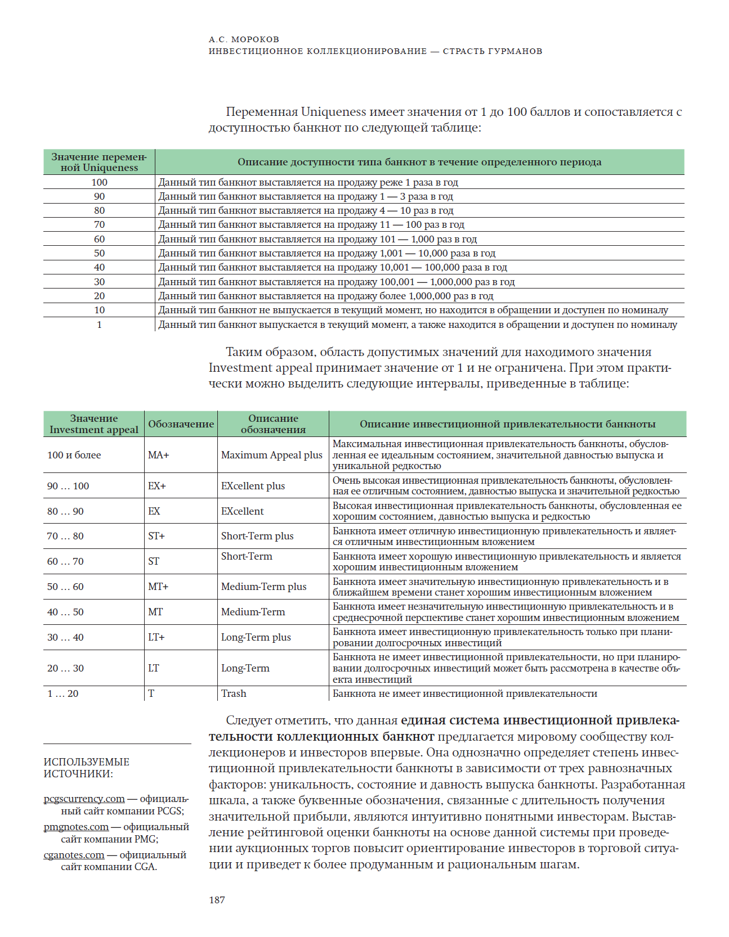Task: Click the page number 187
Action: pyautogui.click(x=217, y=900)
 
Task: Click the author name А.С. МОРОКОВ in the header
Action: pyautogui.click(x=244, y=39)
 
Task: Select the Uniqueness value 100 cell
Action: pyautogui.click(x=99, y=182)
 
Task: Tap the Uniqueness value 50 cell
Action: pyautogui.click(x=99, y=253)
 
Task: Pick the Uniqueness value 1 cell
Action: pyautogui.click(x=99, y=325)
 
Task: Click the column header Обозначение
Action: pyautogui.click(x=181, y=424)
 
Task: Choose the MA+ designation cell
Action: pyautogui.click(x=158, y=455)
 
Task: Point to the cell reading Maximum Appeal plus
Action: pyautogui.click(x=271, y=455)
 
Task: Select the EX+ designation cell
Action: pyautogui.click(x=156, y=486)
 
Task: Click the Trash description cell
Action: pyautogui.click(x=234, y=693)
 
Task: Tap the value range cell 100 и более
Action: pyautogui.click(x=74, y=455)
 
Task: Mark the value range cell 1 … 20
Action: pyautogui.click(x=62, y=693)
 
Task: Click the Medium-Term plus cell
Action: pyautogui.click(x=263, y=587)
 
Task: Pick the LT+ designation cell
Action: pyautogui.click(x=156, y=637)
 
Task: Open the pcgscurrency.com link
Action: pyautogui.click(x=84, y=799)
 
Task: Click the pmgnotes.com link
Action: pyautogui.click(x=76, y=827)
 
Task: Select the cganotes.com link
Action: pyautogui.click(x=74, y=855)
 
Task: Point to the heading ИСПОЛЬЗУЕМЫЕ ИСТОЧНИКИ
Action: pyautogui.click(x=86, y=768)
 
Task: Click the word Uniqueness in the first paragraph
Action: pyautogui.click(x=333, y=112)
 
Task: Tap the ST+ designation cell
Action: pyautogui.click(x=156, y=536)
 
